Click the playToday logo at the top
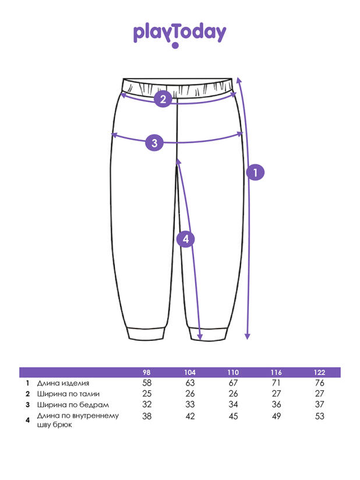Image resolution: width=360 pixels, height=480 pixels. click(x=179, y=35)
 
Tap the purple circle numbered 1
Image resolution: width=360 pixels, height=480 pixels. click(x=255, y=172)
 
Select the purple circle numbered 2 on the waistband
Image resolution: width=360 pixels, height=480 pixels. click(x=163, y=98)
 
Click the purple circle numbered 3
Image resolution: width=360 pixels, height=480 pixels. click(x=154, y=142)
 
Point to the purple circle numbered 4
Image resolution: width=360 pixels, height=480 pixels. click(x=185, y=239)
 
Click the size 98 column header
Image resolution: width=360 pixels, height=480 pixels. click(x=147, y=373)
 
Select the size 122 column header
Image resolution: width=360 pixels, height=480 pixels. click(x=319, y=373)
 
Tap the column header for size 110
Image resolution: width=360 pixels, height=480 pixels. click(x=233, y=373)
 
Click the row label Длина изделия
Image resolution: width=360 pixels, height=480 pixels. click(x=63, y=383)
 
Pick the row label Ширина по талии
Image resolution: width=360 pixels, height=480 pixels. click(x=68, y=394)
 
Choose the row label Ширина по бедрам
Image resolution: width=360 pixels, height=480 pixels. click(x=73, y=405)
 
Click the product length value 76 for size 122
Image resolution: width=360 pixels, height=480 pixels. click(x=319, y=383)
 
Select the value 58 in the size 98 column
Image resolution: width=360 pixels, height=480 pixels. click(x=147, y=383)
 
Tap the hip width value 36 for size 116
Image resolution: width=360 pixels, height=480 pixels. click(x=276, y=404)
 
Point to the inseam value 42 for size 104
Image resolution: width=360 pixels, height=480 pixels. click(x=190, y=416)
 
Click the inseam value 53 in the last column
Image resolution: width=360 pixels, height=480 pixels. click(x=319, y=416)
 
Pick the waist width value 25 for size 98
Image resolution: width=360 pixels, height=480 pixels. click(x=147, y=394)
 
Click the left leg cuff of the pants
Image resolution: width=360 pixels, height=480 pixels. click(x=146, y=333)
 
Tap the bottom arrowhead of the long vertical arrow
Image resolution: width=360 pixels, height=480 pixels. click(x=248, y=337)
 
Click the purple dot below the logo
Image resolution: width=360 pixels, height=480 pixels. click(x=175, y=45)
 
